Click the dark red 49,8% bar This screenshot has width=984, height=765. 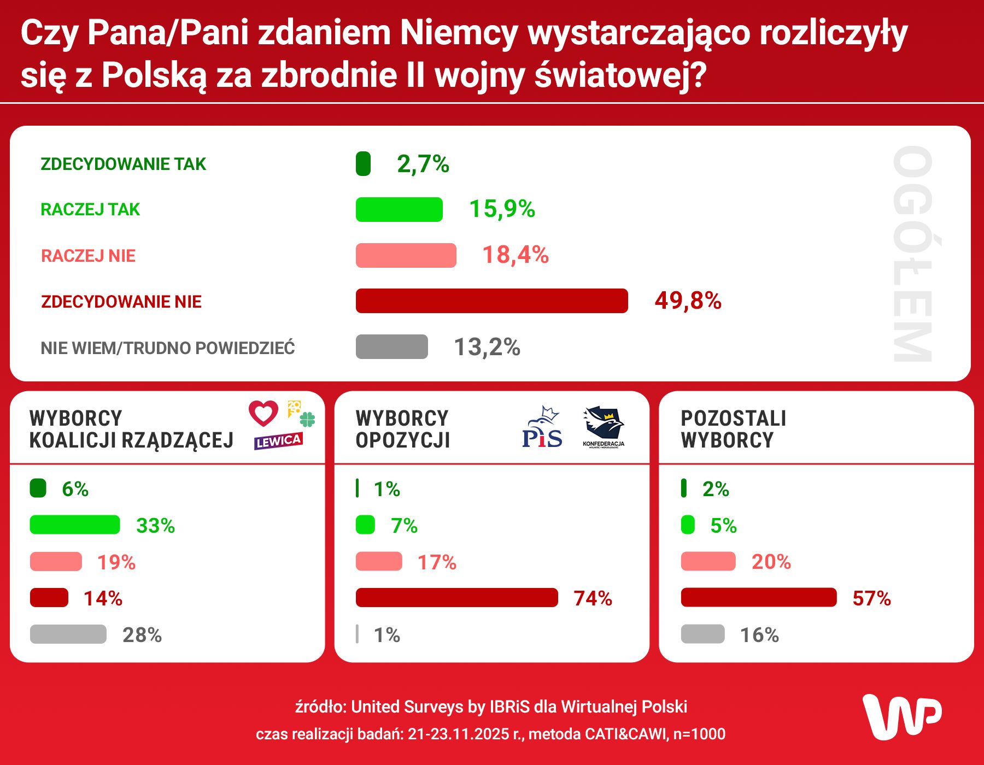pos(491,301)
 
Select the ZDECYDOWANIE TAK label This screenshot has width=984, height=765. pos(123,164)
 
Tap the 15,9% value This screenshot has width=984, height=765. pos(502,209)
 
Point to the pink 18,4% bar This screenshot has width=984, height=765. pos(406,255)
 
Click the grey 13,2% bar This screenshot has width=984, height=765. pos(391,346)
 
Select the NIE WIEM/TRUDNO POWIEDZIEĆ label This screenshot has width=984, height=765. pos(167,348)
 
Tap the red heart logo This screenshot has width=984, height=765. pos(263,413)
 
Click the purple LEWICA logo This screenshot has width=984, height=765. pos(278,441)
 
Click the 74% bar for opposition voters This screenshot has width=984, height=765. pos(456,597)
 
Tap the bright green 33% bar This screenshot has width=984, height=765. pos(75,525)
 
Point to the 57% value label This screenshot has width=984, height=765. pos(871,598)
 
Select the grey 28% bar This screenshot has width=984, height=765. pos(68,634)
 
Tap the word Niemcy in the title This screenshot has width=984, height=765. pos(459,33)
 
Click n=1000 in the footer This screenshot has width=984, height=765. pos(699,734)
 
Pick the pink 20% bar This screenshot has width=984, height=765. pos(708,561)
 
